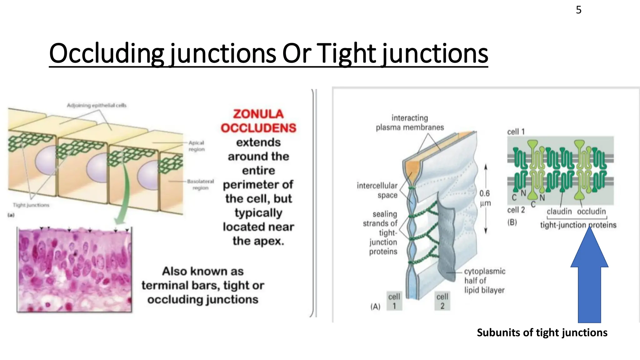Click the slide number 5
coord(578,10)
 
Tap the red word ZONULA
coord(258,114)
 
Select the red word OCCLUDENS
coord(258,128)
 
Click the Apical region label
coord(196,146)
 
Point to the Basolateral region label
coord(200,184)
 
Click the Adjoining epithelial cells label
coord(97,105)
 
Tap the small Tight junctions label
coord(31,205)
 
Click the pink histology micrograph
coord(74,270)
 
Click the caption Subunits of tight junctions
coord(542,332)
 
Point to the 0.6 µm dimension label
coord(485,198)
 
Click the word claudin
coord(559,212)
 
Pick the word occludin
coord(591,212)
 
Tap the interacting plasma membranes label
coord(410,122)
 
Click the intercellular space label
coord(377,190)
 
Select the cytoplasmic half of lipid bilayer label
coord(484,281)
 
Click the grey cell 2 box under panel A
coord(442,301)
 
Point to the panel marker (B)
coord(512,222)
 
